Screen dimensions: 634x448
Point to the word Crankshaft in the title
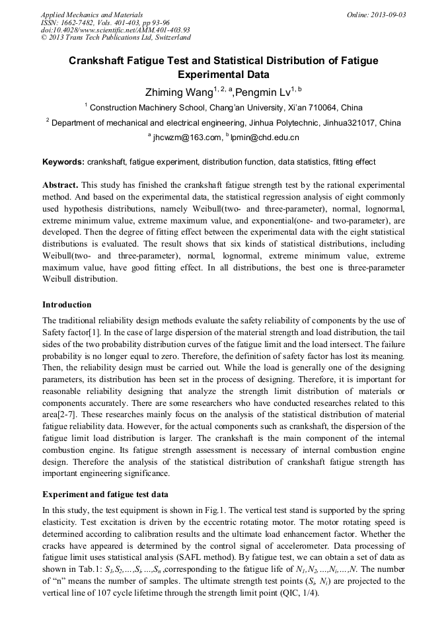103,61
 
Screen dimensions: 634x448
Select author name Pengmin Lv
264,92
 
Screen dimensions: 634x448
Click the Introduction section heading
67,305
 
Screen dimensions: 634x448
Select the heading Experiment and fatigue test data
105,494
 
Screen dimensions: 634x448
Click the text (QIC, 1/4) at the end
299,592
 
